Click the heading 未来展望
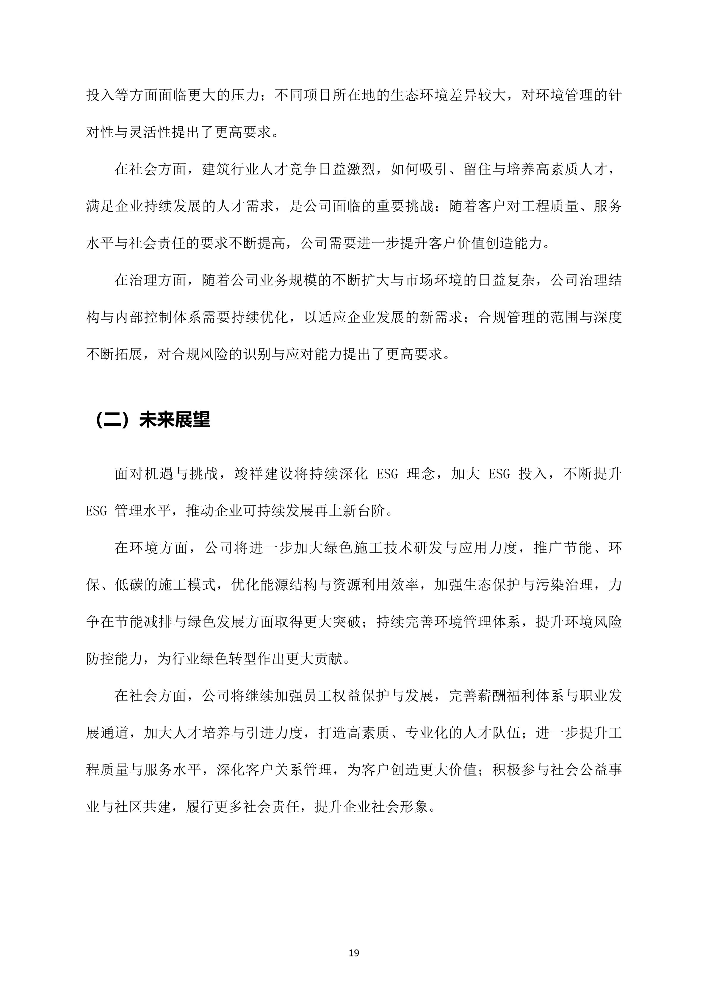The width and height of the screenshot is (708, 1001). click(x=175, y=420)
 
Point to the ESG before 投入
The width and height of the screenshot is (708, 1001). click(x=499, y=474)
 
